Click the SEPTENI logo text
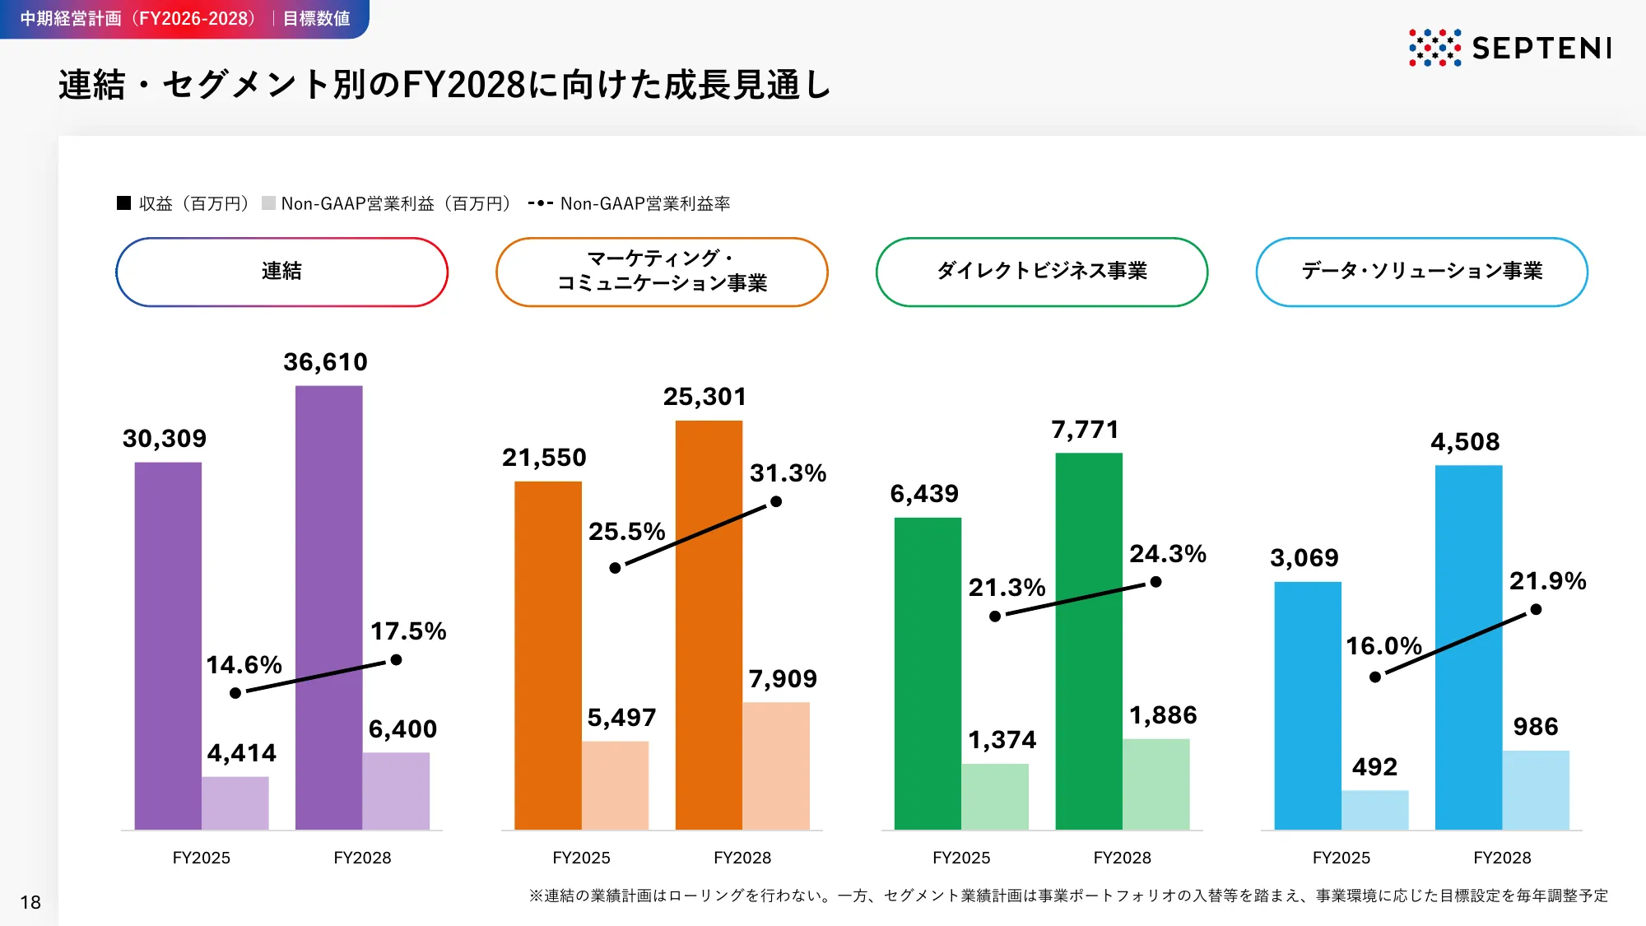point(1541,48)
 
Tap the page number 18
point(30,902)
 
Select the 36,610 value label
point(325,362)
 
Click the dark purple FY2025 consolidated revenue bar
point(168,645)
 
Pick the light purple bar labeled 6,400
point(396,790)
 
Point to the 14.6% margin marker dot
point(235,693)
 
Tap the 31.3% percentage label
point(788,473)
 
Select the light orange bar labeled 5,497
point(615,785)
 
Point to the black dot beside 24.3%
point(1155,582)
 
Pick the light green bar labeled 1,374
point(995,796)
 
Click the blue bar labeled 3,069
point(1307,705)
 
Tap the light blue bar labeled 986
point(1536,789)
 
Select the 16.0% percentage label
point(1383,646)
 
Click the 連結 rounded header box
point(281,272)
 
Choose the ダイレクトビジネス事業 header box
point(1041,272)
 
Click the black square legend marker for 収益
point(124,203)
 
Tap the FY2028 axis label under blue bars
point(1502,858)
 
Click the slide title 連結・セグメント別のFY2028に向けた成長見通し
point(444,85)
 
